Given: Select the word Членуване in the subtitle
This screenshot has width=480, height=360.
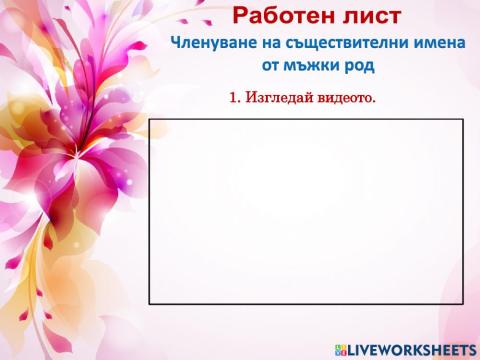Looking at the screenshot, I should tap(213, 44).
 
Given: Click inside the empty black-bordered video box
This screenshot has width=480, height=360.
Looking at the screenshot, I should tap(306, 210).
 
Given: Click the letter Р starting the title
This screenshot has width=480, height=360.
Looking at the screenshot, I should tap(240, 15).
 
